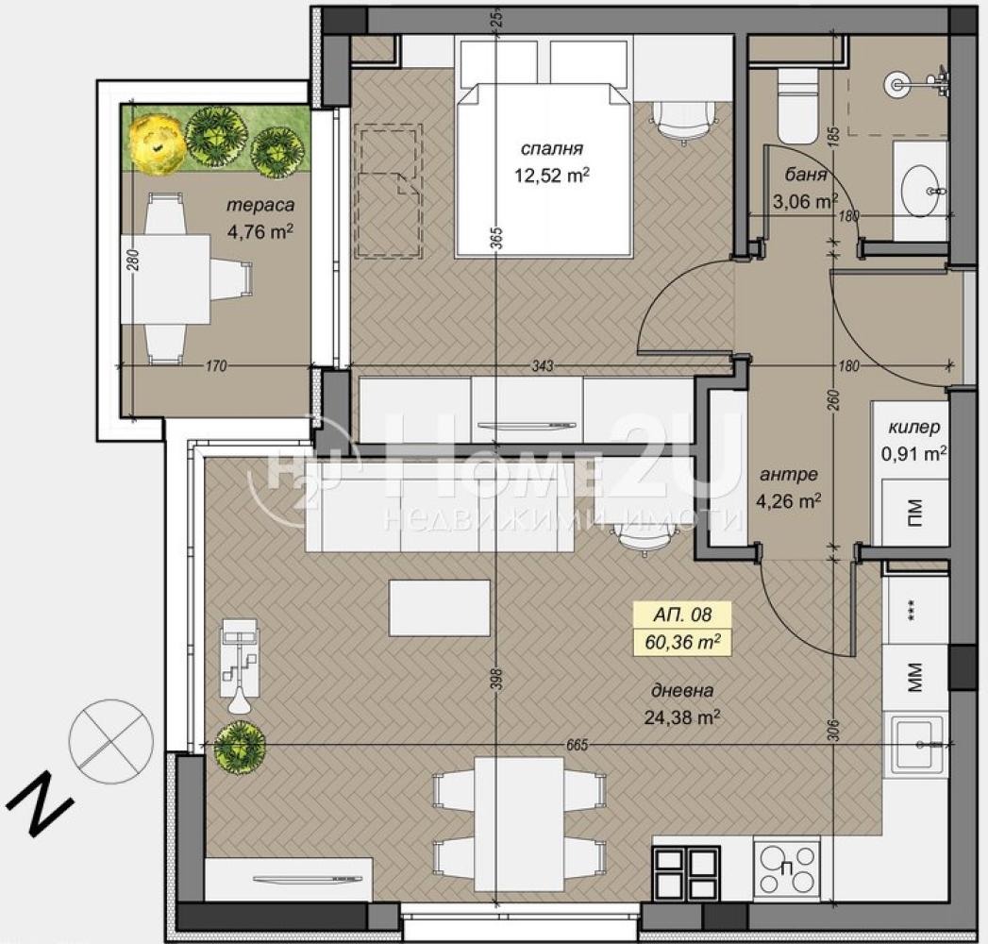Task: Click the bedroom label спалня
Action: [x=551, y=149]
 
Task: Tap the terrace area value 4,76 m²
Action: [x=260, y=232]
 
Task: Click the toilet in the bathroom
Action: [x=797, y=106]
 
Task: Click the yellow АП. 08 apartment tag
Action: [x=674, y=614]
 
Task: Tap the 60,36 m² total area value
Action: [x=683, y=642]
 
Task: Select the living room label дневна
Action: [x=682, y=691]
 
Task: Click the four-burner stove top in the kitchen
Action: [x=786, y=868]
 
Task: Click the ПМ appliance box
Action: [x=915, y=513]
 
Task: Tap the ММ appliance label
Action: [x=915, y=676]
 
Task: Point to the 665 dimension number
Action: [x=577, y=745]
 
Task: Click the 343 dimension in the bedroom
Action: [x=543, y=365]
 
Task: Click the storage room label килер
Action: [x=914, y=427]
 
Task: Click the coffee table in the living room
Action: [x=440, y=608]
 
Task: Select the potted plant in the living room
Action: [x=239, y=747]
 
